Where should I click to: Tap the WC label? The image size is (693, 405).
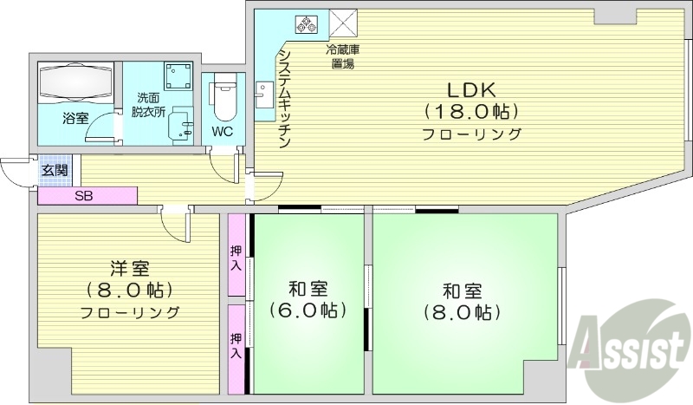pyautogui.click(x=223, y=133)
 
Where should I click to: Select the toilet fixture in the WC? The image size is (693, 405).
pyautogui.click(x=223, y=101)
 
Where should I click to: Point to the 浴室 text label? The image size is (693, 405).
pyautogui.click(x=74, y=118)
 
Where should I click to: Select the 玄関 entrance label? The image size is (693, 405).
pyautogui.click(x=54, y=171)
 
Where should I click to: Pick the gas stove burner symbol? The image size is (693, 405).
pyautogui.click(x=308, y=24)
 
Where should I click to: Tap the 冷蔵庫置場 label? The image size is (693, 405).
pyautogui.click(x=343, y=56)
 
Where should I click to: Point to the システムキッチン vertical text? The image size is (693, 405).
pyautogui.click(x=284, y=100)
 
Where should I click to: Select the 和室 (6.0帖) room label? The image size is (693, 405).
pyautogui.click(x=307, y=299)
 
